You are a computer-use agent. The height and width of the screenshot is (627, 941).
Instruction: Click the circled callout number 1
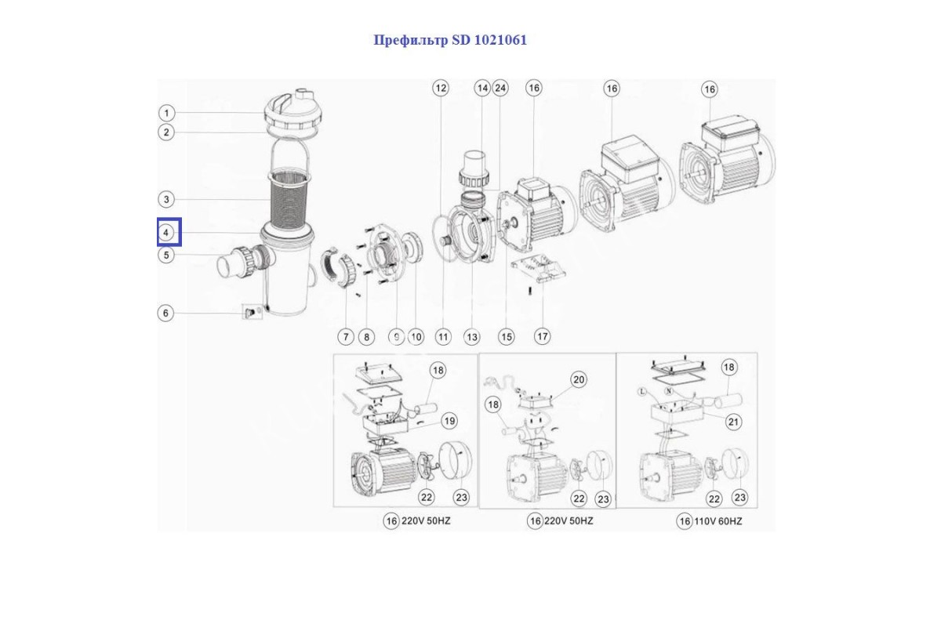point(166,113)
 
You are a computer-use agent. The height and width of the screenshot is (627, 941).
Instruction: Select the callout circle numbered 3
point(166,199)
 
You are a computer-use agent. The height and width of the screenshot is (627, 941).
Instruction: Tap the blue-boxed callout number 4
point(167,233)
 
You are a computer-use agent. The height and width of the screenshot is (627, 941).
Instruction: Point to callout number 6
point(165,313)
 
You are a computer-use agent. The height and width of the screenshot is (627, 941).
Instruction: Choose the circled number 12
point(441,89)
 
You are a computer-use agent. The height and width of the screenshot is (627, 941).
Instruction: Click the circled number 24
point(500,89)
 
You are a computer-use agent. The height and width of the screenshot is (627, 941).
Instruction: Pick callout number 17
point(542,337)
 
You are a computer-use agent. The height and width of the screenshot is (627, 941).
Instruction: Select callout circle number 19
point(449,421)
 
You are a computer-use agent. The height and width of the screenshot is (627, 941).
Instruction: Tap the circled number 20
point(578,380)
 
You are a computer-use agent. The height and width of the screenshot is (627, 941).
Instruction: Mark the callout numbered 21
point(733,422)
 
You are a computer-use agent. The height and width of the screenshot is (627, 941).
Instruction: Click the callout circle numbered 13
point(471,337)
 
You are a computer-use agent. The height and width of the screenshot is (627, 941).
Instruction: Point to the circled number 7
point(346,337)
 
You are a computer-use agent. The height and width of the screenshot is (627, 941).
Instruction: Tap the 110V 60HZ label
point(718,521)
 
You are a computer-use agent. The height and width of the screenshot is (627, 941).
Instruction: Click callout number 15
point(507,337)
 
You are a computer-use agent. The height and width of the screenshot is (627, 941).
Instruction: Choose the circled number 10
point(416,337)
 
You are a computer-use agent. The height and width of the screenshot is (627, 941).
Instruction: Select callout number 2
point(166,132)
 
